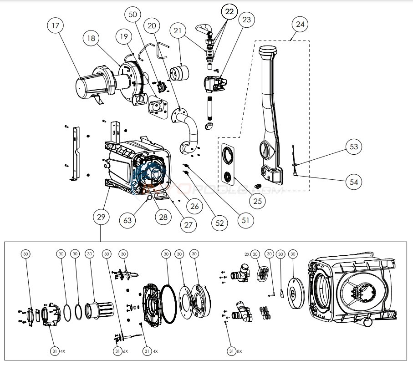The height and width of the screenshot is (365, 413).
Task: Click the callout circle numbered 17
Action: pos(56,26)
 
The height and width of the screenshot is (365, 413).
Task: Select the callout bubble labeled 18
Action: pos(92,39)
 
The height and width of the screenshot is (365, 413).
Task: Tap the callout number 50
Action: pos(133,14)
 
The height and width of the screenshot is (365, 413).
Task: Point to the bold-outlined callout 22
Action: pos(229,12)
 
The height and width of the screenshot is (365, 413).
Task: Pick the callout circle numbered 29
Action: pos(101,218)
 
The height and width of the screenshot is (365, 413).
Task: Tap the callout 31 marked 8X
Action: pos(233,351)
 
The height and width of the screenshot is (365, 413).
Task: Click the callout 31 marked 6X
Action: pos(117,351)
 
